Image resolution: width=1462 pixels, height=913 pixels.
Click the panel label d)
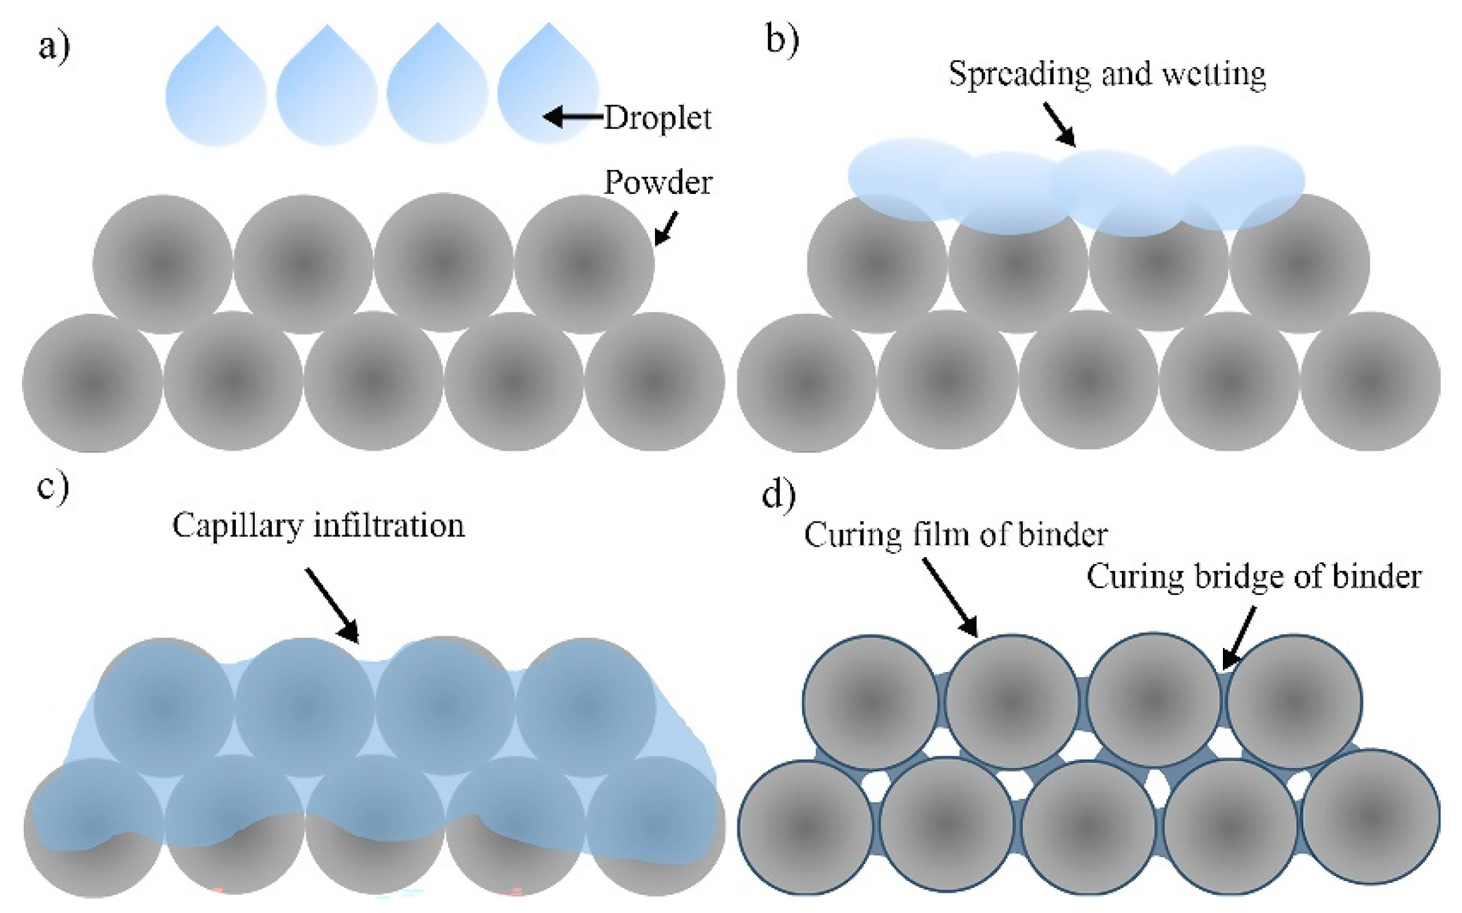point(779,494)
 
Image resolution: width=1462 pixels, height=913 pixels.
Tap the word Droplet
point(657,118)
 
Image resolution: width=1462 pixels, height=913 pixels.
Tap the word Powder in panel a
point(658,183)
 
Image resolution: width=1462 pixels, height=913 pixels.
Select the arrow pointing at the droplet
point(572,117)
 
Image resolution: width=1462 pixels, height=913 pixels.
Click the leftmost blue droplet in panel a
point(216,91)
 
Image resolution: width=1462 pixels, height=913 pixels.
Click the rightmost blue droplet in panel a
point(547,88)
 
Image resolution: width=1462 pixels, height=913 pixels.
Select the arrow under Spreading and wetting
point(1060,125)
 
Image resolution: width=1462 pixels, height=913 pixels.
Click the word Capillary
point(238,526)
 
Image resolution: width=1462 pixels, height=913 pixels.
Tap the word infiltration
point(389,526)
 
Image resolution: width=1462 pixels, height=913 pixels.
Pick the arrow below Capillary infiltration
point(332,606)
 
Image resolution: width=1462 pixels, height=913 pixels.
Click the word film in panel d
point(979,535)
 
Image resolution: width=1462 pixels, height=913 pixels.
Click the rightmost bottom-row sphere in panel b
point(1370,381)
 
